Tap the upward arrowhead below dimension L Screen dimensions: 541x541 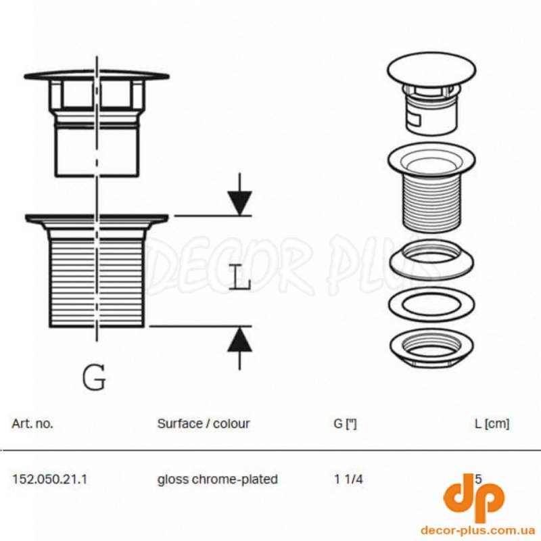(240, 339)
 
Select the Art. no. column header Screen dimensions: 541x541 (32, 424)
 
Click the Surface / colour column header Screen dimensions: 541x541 (204, 424)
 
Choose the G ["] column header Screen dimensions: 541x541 (345, 424)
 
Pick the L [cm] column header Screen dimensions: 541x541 (492, 424)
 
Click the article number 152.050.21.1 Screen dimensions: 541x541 (50, 479)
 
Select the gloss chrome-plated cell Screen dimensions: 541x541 (217, 479)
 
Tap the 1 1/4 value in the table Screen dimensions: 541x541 (349, 479)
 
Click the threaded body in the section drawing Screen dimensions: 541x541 (97, 281)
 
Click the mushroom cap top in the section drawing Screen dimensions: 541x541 (97, 74)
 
